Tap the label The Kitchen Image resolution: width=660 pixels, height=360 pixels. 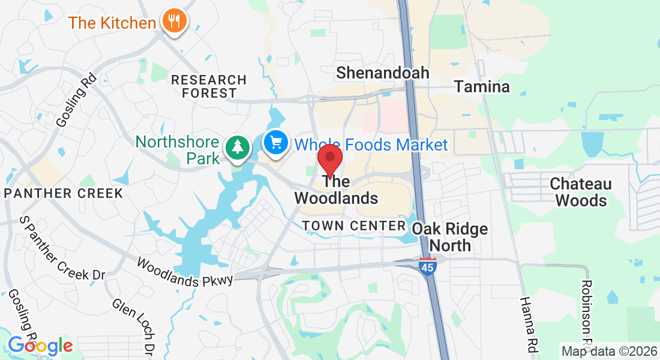(112, 23)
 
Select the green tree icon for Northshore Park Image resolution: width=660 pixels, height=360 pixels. (238, 146)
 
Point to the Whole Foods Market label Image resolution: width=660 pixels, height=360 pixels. (372, 145)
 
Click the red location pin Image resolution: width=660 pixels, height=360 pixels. (329, 159)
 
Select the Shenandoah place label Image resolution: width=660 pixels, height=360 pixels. (383, 73)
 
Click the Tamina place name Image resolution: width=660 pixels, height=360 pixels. (482, 86)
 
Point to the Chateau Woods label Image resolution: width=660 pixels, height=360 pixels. (581, 192)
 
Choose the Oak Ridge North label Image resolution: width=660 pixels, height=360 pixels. (450, 237)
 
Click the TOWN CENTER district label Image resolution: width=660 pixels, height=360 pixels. (354, 226)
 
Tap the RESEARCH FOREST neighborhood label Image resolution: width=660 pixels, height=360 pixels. (209, 86)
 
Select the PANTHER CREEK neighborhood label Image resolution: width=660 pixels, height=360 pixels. (64, 193)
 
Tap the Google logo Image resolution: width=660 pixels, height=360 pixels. (40, 346)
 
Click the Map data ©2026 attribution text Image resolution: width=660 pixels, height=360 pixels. (608, 350)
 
